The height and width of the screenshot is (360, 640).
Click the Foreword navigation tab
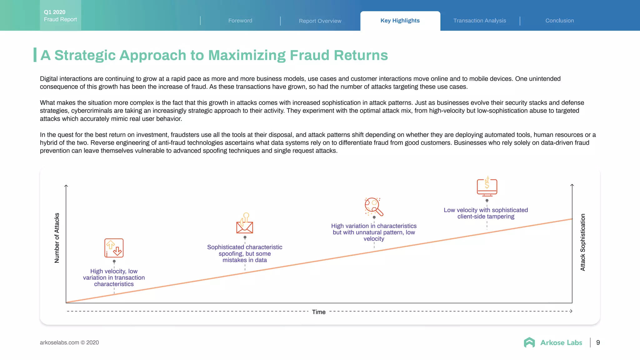(240, 21)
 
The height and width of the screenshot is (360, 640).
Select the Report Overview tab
(320, 21)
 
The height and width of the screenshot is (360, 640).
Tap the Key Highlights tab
(400, 21)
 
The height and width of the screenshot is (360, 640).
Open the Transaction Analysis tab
(480, 21)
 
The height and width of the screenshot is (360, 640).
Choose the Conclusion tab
(559, 21)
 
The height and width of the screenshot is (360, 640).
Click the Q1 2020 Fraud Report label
(60, 16)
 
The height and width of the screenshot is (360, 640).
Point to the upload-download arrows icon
(114, 248)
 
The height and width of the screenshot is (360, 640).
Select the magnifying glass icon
(374, 207)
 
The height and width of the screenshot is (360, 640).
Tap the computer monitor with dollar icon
(487, 186)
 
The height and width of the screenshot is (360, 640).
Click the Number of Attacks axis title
(57, 238)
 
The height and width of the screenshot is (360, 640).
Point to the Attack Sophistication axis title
(583, 242)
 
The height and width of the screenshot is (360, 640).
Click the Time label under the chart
(319, 312)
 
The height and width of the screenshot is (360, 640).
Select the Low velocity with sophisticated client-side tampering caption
(486, 213)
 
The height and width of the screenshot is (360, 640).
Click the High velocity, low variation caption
(114, 277)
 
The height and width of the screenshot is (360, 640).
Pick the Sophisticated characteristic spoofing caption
(245, 253)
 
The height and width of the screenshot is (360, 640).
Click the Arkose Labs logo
(553, 342)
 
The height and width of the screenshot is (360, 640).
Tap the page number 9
(598, 342)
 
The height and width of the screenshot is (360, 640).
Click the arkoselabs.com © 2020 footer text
(69, 342)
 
